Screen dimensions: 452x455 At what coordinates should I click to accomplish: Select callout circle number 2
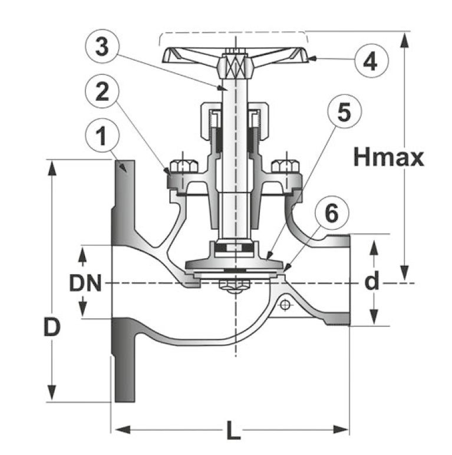(x=102, y=91)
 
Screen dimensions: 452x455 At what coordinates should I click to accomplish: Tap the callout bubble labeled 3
(x=102, y=46)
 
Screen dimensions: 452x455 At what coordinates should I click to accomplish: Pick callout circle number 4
(x=371, y=61)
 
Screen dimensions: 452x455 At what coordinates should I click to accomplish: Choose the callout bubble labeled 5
(x=345, y=111)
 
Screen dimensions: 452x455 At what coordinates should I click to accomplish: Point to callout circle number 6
(x=332, y=213)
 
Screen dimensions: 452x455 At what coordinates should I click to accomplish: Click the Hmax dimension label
(x=389, y=157)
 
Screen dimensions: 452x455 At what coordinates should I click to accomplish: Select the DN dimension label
(x=85, y=283)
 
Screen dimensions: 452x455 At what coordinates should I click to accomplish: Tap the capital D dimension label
(x=52, y=327)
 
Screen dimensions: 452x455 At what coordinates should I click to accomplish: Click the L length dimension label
(x=234, y=430)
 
